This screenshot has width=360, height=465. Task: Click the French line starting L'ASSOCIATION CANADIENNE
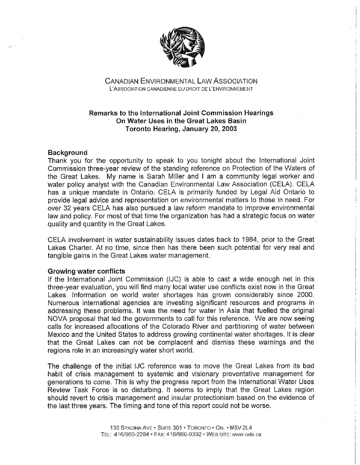click(x=181, y=89)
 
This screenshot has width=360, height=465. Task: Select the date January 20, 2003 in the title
click(x=208, y=129)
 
